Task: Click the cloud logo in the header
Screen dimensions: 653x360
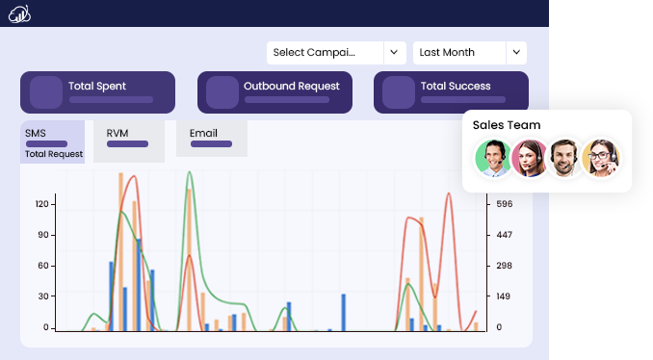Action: (x=19, y=14)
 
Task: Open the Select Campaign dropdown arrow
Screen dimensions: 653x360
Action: (x=394, y=52)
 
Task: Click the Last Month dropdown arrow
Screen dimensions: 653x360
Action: (x=516, y=52)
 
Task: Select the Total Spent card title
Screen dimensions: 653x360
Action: (x=97, y=87)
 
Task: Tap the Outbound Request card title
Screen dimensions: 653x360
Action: (x=292, y=87)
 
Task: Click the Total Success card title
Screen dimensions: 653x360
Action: (x=456, y=87)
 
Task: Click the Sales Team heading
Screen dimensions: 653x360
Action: (x=507, y=125)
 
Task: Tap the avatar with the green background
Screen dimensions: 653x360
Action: (x=493, y=158)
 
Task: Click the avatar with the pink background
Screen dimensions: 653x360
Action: (x=530, y=158)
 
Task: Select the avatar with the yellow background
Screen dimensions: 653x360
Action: (x=601, y=158)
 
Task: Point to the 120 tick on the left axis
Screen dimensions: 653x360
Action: (x=42, y=204)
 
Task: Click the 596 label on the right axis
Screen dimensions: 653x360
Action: (x=505, y=204)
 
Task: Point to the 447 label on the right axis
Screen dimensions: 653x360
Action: (x=505, y=235)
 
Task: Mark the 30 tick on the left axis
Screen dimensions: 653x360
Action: (x=43, y=296)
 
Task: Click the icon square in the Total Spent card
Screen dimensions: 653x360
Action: (x=46, y=92)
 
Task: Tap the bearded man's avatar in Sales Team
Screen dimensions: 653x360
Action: (x=564, y=158)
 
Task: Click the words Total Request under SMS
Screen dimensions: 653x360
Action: (x=54, y=154)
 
